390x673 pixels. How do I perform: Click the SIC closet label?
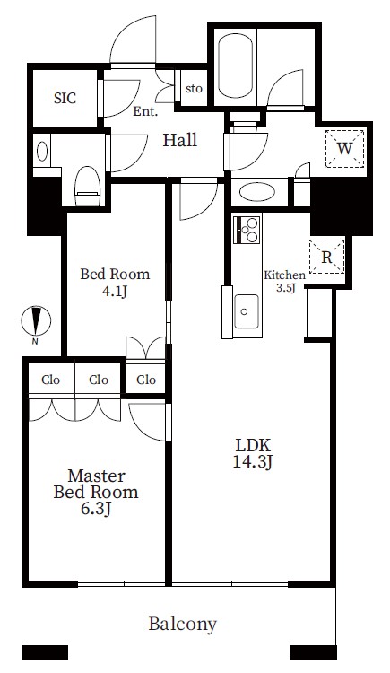click(65, 99)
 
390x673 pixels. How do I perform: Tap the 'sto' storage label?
click(194, 89)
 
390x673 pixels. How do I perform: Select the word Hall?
click(180, 140)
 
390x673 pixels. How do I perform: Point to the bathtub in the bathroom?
click(235, 66)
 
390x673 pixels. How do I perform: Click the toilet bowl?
click(88, 186)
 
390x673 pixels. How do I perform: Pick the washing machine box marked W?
click(344, 148)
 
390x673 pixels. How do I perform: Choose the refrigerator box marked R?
click(327, 257)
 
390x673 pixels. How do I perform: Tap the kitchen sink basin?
click(247, 311)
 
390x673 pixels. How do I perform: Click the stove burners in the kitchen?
click(247, 230)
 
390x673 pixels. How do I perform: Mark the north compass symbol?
click(36, 321)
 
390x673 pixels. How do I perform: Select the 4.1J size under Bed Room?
click(114, 292)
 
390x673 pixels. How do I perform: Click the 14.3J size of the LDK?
click(253, 461)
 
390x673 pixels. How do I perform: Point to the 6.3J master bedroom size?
click(96, 509)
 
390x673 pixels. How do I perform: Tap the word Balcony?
click(182, 624)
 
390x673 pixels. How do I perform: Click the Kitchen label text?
click(284, 275)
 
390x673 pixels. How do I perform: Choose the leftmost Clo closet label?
click(50, 380)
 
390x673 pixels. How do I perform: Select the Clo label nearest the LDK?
click(146, 380)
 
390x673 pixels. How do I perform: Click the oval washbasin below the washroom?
click(257, 191)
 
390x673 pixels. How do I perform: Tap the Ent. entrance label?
click(145, 112)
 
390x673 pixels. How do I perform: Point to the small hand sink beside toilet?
click(42, 152)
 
